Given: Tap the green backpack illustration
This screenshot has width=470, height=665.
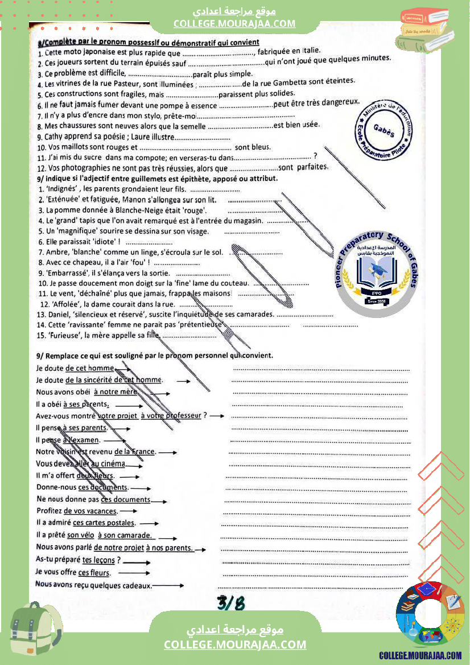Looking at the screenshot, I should (x=35, y=633).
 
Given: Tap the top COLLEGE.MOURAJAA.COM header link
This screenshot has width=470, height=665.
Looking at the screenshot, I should (x=234, y=23).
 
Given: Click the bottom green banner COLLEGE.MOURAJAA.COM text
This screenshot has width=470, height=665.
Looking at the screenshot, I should (x=235, y=645).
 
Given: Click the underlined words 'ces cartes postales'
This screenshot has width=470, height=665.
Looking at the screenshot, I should (x=104, y=523).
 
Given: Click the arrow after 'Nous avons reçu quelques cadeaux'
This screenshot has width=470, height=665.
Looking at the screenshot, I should (x=169, y=585).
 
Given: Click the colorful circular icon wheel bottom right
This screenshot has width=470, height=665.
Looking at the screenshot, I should (x=430, y=617).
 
